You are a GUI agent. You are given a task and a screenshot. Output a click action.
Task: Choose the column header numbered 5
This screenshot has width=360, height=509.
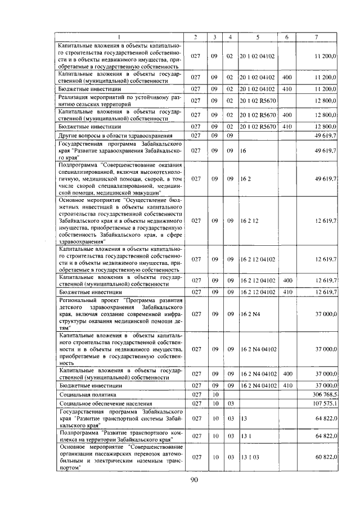(258, 37)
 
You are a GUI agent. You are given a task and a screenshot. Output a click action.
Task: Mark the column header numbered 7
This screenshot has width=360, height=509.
(316, 37)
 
